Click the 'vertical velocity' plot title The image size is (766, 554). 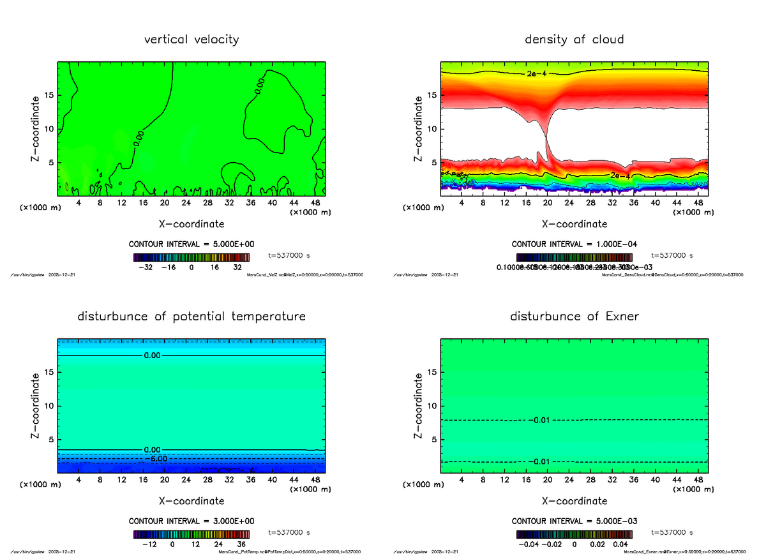point(191,40)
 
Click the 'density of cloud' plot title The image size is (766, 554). point(574,40)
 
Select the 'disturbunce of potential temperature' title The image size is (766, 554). point(191,317)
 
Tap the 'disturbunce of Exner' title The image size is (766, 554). point(574,317)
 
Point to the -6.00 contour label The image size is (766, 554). point(156,459)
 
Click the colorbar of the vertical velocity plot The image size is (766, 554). point(191,258)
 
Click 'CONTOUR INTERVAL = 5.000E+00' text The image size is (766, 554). point(191,244)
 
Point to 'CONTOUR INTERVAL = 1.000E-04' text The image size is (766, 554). point(574,244)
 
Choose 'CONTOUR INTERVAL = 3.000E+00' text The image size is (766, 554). point(191,521)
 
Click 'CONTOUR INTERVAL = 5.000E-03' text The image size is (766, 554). point(574,521)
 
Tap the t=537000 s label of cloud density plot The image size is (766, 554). point(672,255)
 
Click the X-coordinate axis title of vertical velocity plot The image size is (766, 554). point(191,224)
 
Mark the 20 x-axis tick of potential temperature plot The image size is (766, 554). point(165,479)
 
